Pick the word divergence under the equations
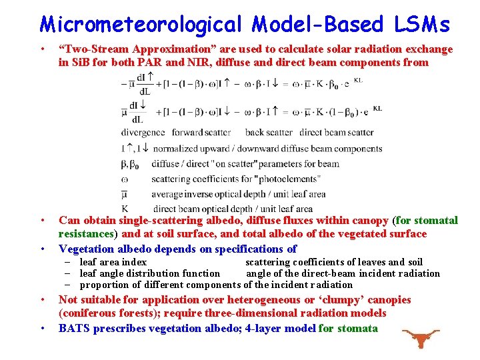click(143, 133)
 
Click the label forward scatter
click(201, 133)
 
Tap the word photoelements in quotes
click(287, 179)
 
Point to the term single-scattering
click(161, 221)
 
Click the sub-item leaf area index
click(113, 263)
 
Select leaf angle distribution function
click(149, 273)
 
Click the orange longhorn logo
click(421, 338)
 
